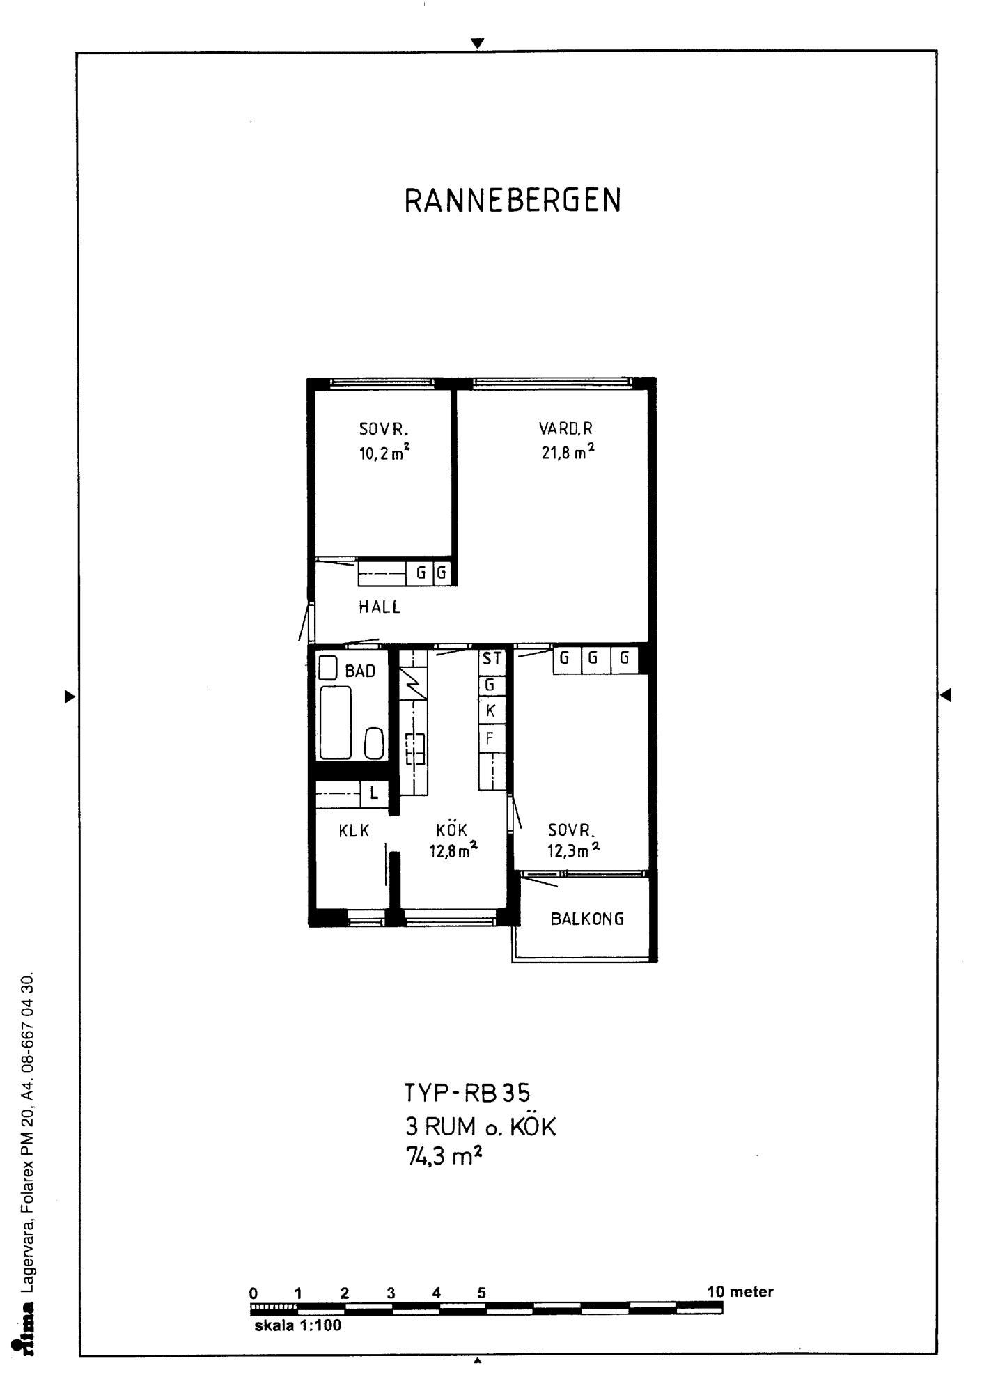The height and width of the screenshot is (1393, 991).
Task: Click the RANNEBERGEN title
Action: [513, 201]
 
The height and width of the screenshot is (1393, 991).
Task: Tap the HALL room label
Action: [380, 607]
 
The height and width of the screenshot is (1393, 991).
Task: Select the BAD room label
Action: [360, 671]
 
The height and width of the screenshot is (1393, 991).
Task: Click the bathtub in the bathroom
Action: [336, 722]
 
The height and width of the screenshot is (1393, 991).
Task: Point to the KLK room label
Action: [354, 831]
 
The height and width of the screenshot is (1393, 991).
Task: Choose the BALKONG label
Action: [587, 919]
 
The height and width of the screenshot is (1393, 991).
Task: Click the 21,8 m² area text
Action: [568, 452]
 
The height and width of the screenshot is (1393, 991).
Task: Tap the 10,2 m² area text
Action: [384, 453]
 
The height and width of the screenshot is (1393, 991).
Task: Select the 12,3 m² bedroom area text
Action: [574, 850]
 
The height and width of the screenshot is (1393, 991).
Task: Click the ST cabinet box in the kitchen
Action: [492, 659]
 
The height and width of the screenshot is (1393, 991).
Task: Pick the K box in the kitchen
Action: [491, 711]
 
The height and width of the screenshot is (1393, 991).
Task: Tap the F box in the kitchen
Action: [491, 738]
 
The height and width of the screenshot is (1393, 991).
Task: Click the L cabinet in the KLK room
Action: [374, 793]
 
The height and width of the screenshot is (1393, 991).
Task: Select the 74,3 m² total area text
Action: [444, 1157]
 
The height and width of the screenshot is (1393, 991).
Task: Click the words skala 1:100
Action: [298, 1326]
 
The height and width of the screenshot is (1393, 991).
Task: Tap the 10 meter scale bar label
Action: [740, 1292]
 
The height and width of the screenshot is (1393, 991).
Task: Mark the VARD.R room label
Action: [565, 428]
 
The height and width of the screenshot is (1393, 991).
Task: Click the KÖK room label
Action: [451, 830]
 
